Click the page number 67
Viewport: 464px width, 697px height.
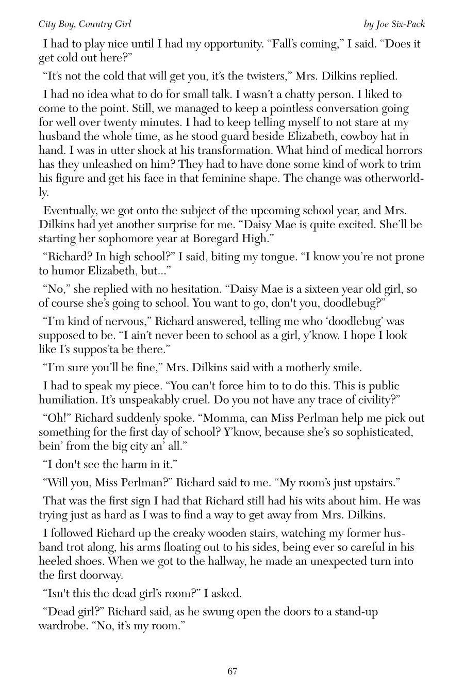point(232,671)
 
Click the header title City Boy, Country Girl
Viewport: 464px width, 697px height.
point(85,24)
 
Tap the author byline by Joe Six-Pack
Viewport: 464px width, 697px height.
point(394,24)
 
